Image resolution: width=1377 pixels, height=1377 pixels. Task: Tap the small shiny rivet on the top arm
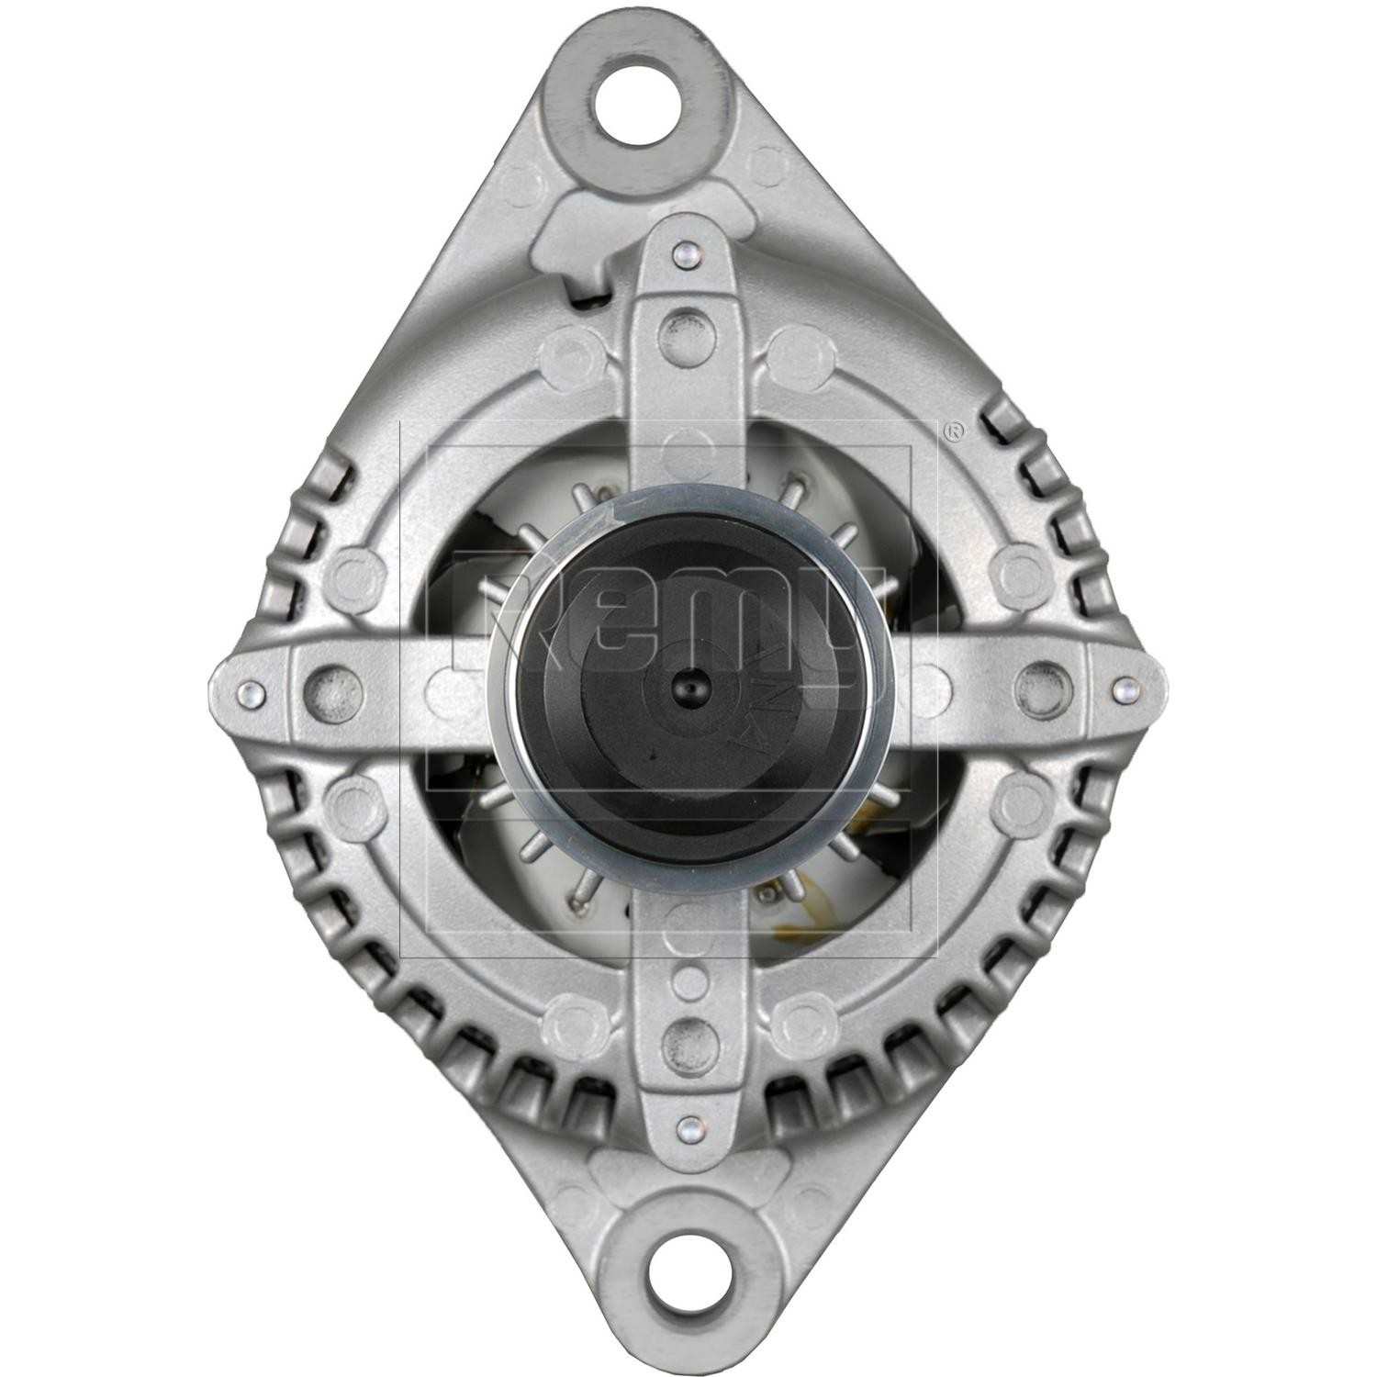point(680,253)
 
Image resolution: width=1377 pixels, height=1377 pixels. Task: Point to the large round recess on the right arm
point(1036,679)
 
